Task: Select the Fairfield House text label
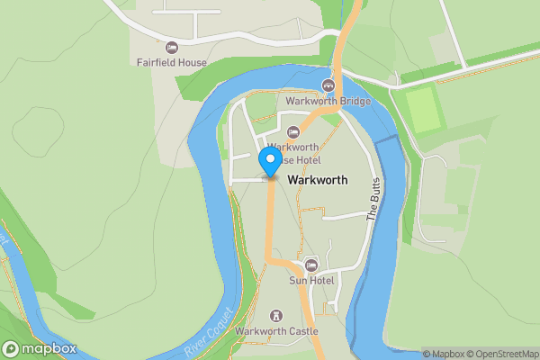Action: click(x=172, y=63)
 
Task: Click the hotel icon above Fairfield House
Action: click(x=172, y=47)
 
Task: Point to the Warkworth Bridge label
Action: click(x=328, y=102)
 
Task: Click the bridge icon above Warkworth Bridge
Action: click(x=328, y=85)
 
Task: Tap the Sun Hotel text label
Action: click(x=311, y=281)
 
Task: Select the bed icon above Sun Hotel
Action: click(x=311, y=265)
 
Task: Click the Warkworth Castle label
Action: click(x=276, y=331)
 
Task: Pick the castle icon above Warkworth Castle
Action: click(x=276, y=315)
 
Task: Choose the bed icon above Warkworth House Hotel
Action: click(x=292, y=132)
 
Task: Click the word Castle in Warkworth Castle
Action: click(x=301, y=331)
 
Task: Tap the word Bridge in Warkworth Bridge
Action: click(x=354, y=102)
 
